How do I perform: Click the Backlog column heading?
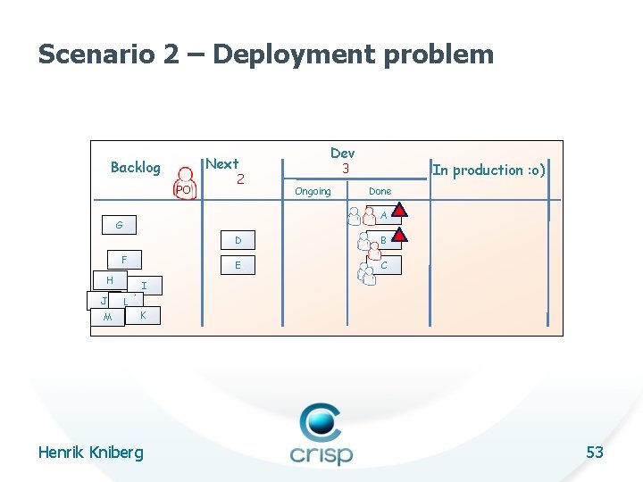click(x=136, y=168)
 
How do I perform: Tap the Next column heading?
click(x=222, y=163)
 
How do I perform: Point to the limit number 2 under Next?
click(x=240, y=179)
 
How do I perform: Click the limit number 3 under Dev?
click(x=343, y=169)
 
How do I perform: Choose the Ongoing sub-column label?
click(x=313, y=191)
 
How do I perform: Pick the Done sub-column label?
click(x=380, y=191)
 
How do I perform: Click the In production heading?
click(x=489, y=170)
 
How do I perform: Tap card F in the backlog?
click(x=124, y=260)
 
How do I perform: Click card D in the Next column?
click(x=238, y=240)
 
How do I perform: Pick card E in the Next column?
click(x=238, y=265)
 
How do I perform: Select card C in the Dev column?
click(x=383, y=265)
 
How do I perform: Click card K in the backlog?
click(x=143, y=315)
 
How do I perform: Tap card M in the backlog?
click(x=107, y=318)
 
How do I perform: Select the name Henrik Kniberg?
click(x=90, y=453)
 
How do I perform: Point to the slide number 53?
click(x=595, y=453)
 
